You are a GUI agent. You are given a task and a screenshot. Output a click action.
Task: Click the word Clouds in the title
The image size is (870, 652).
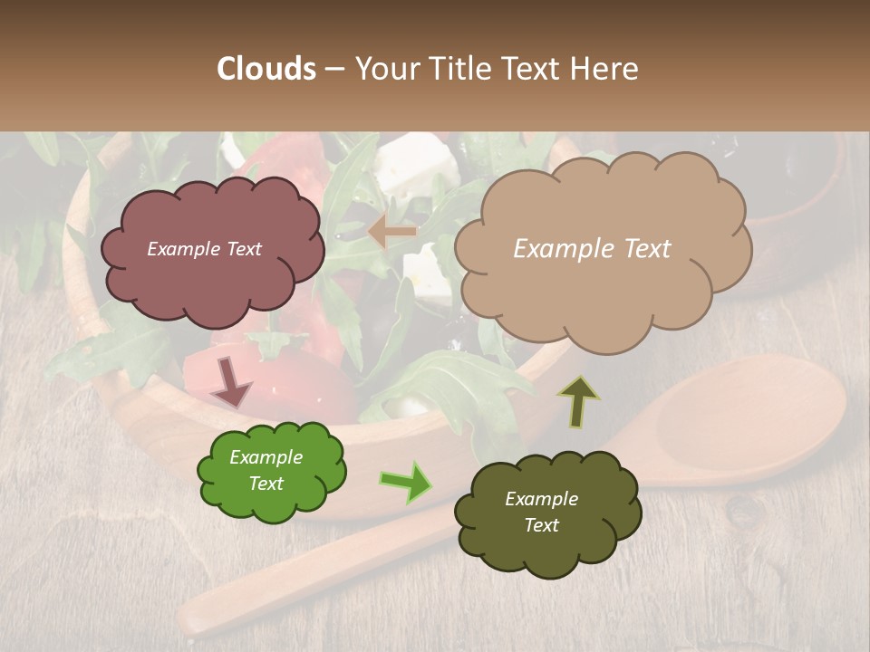tap(266, 69)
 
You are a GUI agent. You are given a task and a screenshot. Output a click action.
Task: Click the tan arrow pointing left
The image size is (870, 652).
tap(391, 232)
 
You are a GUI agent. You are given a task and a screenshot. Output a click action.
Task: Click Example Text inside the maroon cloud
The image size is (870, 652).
tap(204, 249)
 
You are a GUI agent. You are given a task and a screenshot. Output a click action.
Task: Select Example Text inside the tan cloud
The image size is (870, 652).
tap(592, 249)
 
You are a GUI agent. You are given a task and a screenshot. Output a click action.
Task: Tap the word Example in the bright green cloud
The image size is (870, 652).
tap(266, 457)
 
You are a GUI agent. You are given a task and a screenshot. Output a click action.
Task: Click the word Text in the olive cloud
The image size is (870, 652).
tap(541, 525)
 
